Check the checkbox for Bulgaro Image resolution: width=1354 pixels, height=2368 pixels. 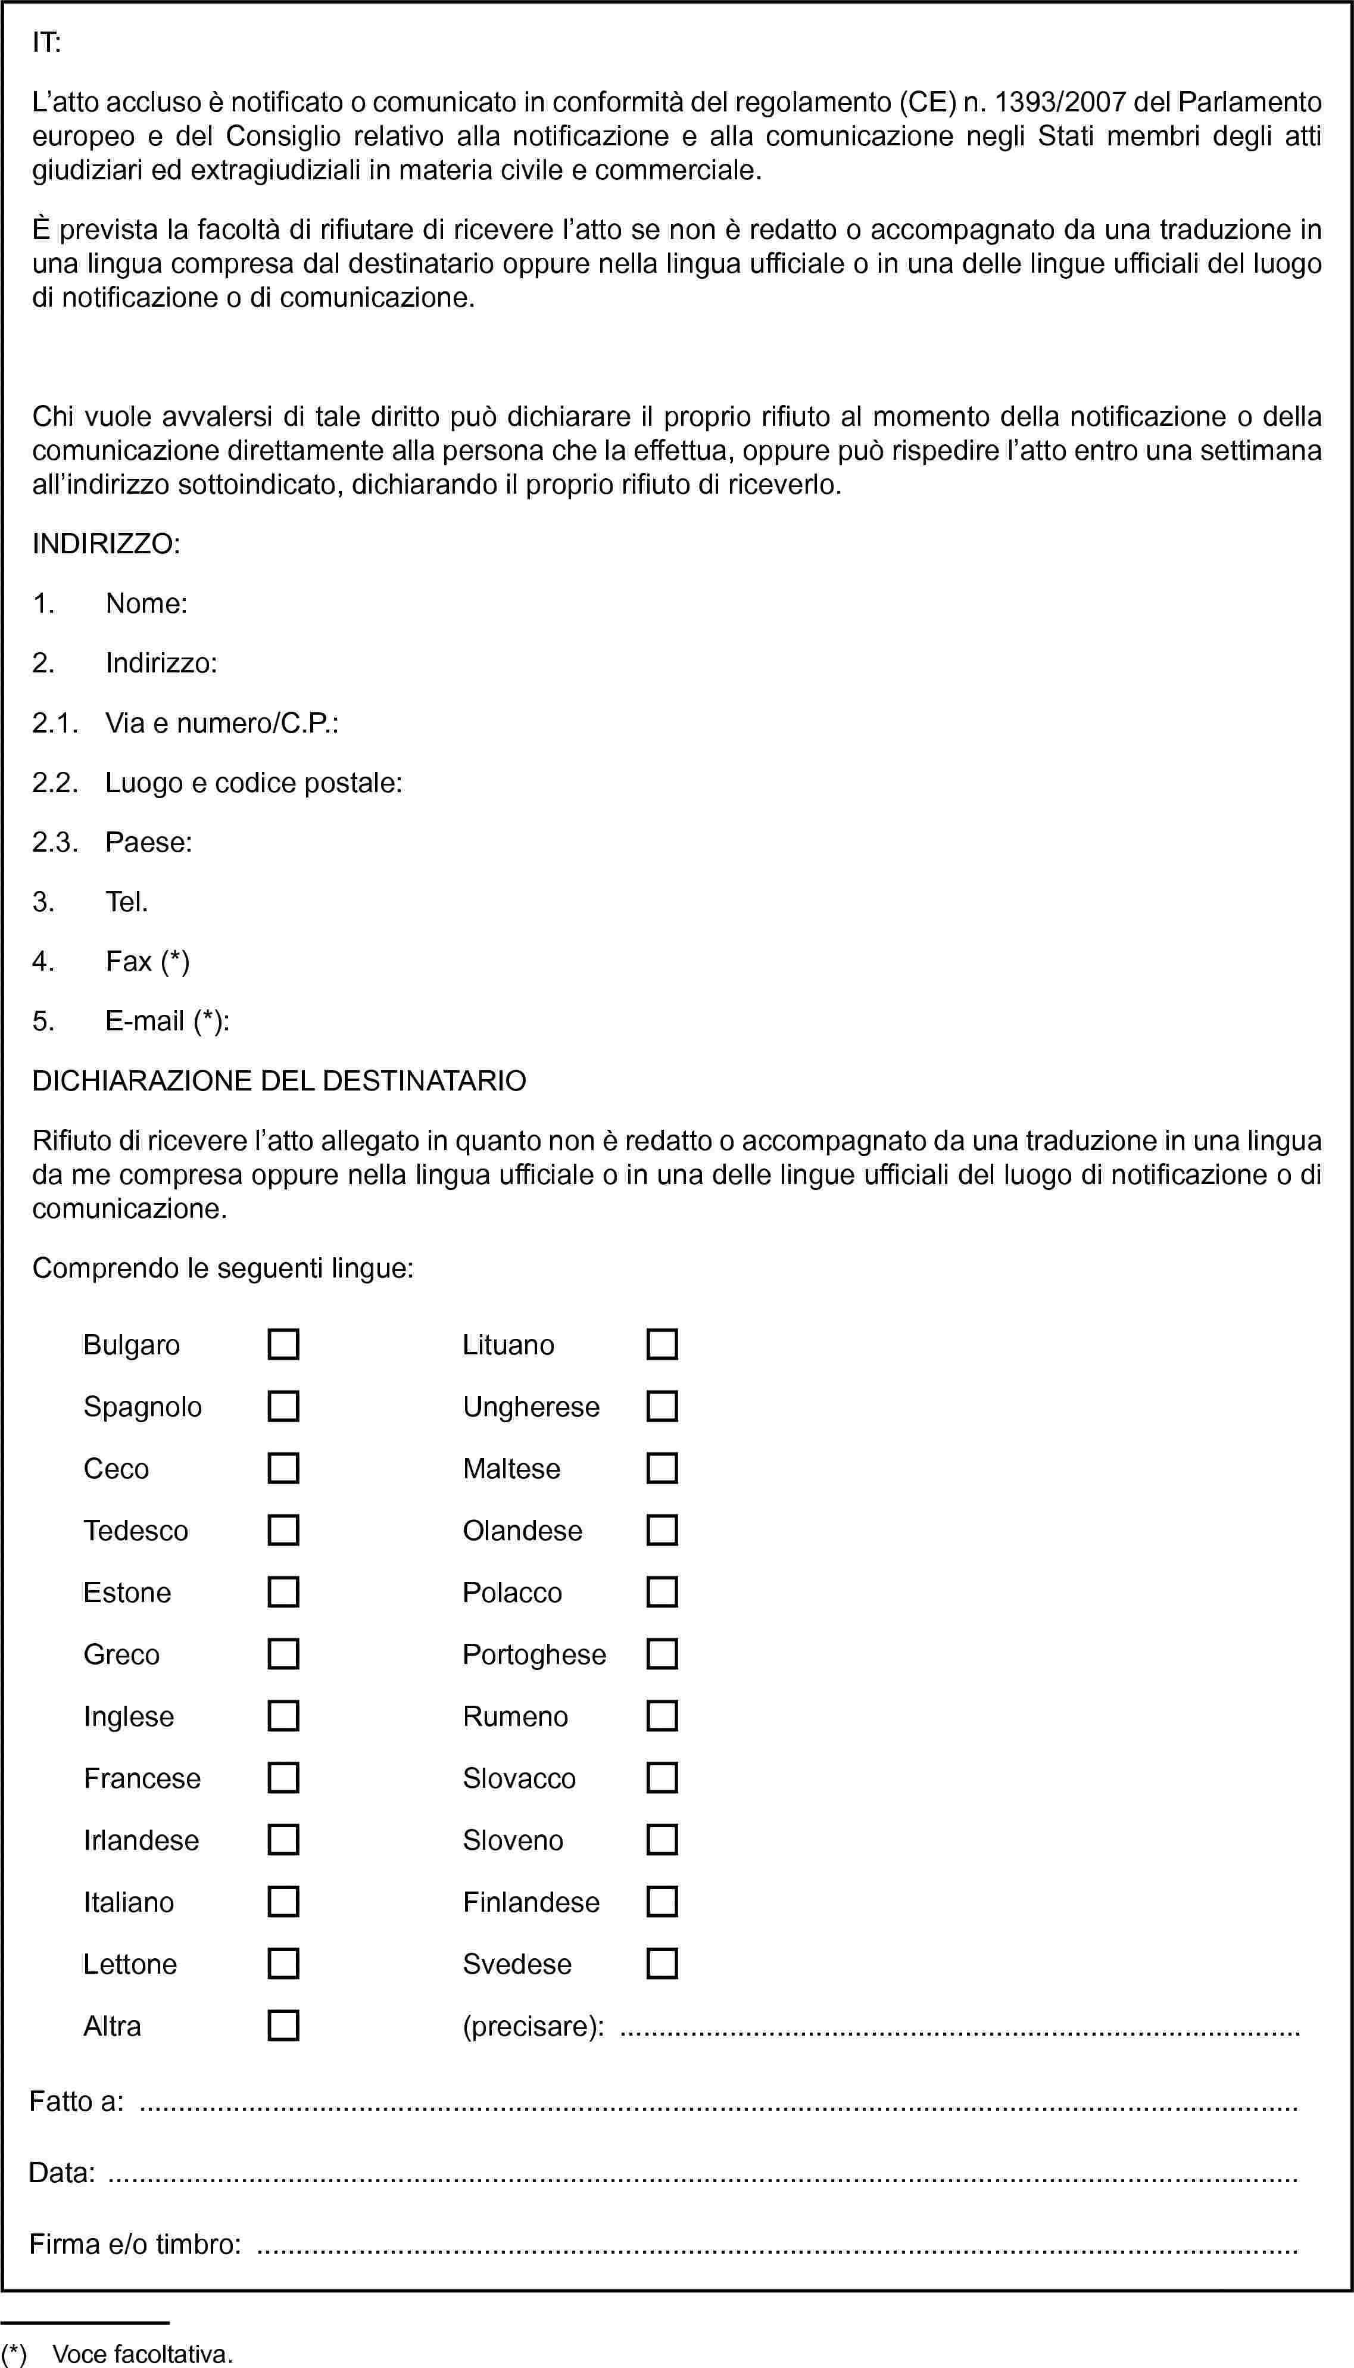(283, 1344)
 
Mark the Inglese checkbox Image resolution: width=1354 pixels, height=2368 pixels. (283, 1715)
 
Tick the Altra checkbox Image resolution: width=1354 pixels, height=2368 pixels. (283, 2025)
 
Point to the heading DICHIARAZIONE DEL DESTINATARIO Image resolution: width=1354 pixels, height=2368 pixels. (279, 1081)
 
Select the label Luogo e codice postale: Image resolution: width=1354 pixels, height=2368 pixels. (253, 783)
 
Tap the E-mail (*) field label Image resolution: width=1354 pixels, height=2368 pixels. (167, 1021)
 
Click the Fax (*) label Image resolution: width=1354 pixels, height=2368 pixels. (147, 961)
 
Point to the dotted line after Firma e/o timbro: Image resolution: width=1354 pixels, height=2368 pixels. (776, 2245)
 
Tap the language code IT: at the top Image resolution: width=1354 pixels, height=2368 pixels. (46, 43)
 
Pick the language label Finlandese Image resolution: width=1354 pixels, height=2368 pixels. (531, 1902)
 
